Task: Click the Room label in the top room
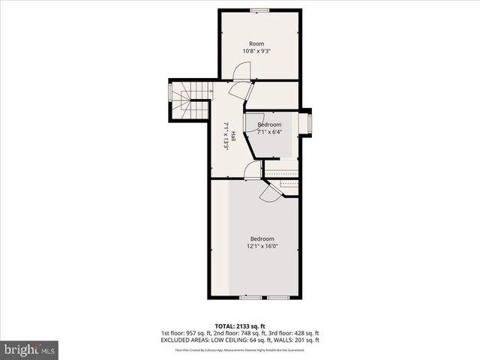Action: (257, 43)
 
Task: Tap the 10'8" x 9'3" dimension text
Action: (257, 51)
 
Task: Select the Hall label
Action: (234, 136)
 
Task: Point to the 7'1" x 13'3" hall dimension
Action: (226, 136)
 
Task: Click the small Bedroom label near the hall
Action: (269, 124)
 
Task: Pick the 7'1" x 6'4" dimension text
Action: (269, 132)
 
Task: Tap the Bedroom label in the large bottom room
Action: (262, 239)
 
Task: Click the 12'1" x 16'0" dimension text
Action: (262, 247)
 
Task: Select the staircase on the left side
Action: (189, 100)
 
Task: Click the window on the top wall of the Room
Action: (260, 10)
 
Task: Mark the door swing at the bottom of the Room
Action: (241, 71)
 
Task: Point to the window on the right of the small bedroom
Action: (305, 123)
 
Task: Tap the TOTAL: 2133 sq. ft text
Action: (239, 325)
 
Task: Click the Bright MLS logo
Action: (30, 349)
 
